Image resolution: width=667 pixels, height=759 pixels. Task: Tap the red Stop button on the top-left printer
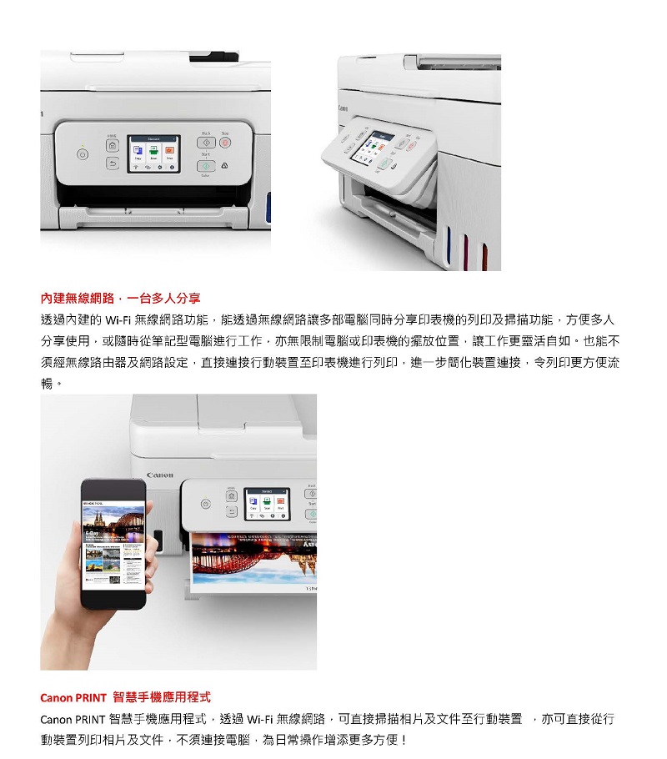[x=225, y=143]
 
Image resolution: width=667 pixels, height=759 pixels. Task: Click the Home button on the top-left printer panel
[x=113, y=145]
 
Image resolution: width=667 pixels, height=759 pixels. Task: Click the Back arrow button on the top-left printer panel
[x=113, y=163]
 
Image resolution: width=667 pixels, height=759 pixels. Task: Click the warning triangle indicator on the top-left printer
[x=224, y=165]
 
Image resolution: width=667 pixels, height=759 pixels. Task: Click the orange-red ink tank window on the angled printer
[x=484, y=257]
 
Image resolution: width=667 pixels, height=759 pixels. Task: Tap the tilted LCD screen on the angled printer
[x=373, y=146]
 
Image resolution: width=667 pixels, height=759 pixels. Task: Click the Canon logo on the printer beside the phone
[x=160, y=475]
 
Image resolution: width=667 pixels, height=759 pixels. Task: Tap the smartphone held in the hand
[x=113, y=543]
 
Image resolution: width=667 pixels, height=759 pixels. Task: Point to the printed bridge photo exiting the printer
[x=253, y=561]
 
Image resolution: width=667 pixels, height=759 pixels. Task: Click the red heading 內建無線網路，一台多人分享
[x=121, y=299]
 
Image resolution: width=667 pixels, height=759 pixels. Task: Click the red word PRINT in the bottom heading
[x=91, y=698]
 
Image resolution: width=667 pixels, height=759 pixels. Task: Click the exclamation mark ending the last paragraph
[x=404, y=740]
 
